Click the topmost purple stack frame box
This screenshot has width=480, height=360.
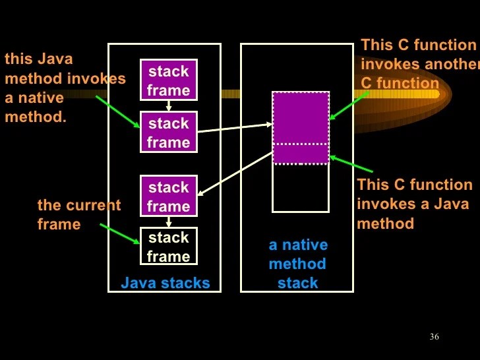(x=169, y=80)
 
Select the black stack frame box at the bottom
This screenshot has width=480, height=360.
(x=169, y=246)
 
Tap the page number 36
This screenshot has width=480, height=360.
(x=434, y=337)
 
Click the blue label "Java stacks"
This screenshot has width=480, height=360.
(x=165, y=284)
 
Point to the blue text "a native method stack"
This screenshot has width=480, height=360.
(x=297, y=264)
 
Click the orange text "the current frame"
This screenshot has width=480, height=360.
(x=78, y=214)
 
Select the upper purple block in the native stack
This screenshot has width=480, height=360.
(x=301, y=117)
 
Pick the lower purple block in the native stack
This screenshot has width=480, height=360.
(x=301, y=154)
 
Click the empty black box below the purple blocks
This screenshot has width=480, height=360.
(x=301, y=188)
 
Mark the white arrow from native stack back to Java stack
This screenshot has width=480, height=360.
(x=235, y=175)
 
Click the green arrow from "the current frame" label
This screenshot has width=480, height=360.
(x=119, y=234)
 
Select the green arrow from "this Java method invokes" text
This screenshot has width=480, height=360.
(x=118, y=112)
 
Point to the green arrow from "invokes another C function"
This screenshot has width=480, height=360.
(x=349, y=105)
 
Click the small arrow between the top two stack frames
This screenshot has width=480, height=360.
(x=169, y=105)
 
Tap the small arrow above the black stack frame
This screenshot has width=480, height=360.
(x=169, y=222)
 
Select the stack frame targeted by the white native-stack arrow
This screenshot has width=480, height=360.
(x=169, y=196)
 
